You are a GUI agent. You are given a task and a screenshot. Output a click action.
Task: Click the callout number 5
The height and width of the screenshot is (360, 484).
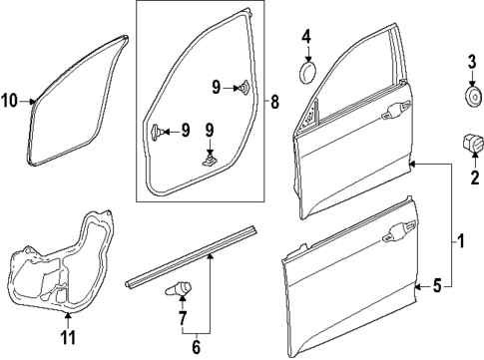point(436,287)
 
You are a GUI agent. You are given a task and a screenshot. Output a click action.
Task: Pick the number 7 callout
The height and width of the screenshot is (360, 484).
point(181,318)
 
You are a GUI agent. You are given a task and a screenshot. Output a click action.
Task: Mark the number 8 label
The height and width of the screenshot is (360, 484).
point(276,102)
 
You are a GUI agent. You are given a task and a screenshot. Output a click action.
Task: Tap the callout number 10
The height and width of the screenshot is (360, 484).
point(10,101)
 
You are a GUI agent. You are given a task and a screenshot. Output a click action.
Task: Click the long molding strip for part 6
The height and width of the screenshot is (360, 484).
point(190,258)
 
